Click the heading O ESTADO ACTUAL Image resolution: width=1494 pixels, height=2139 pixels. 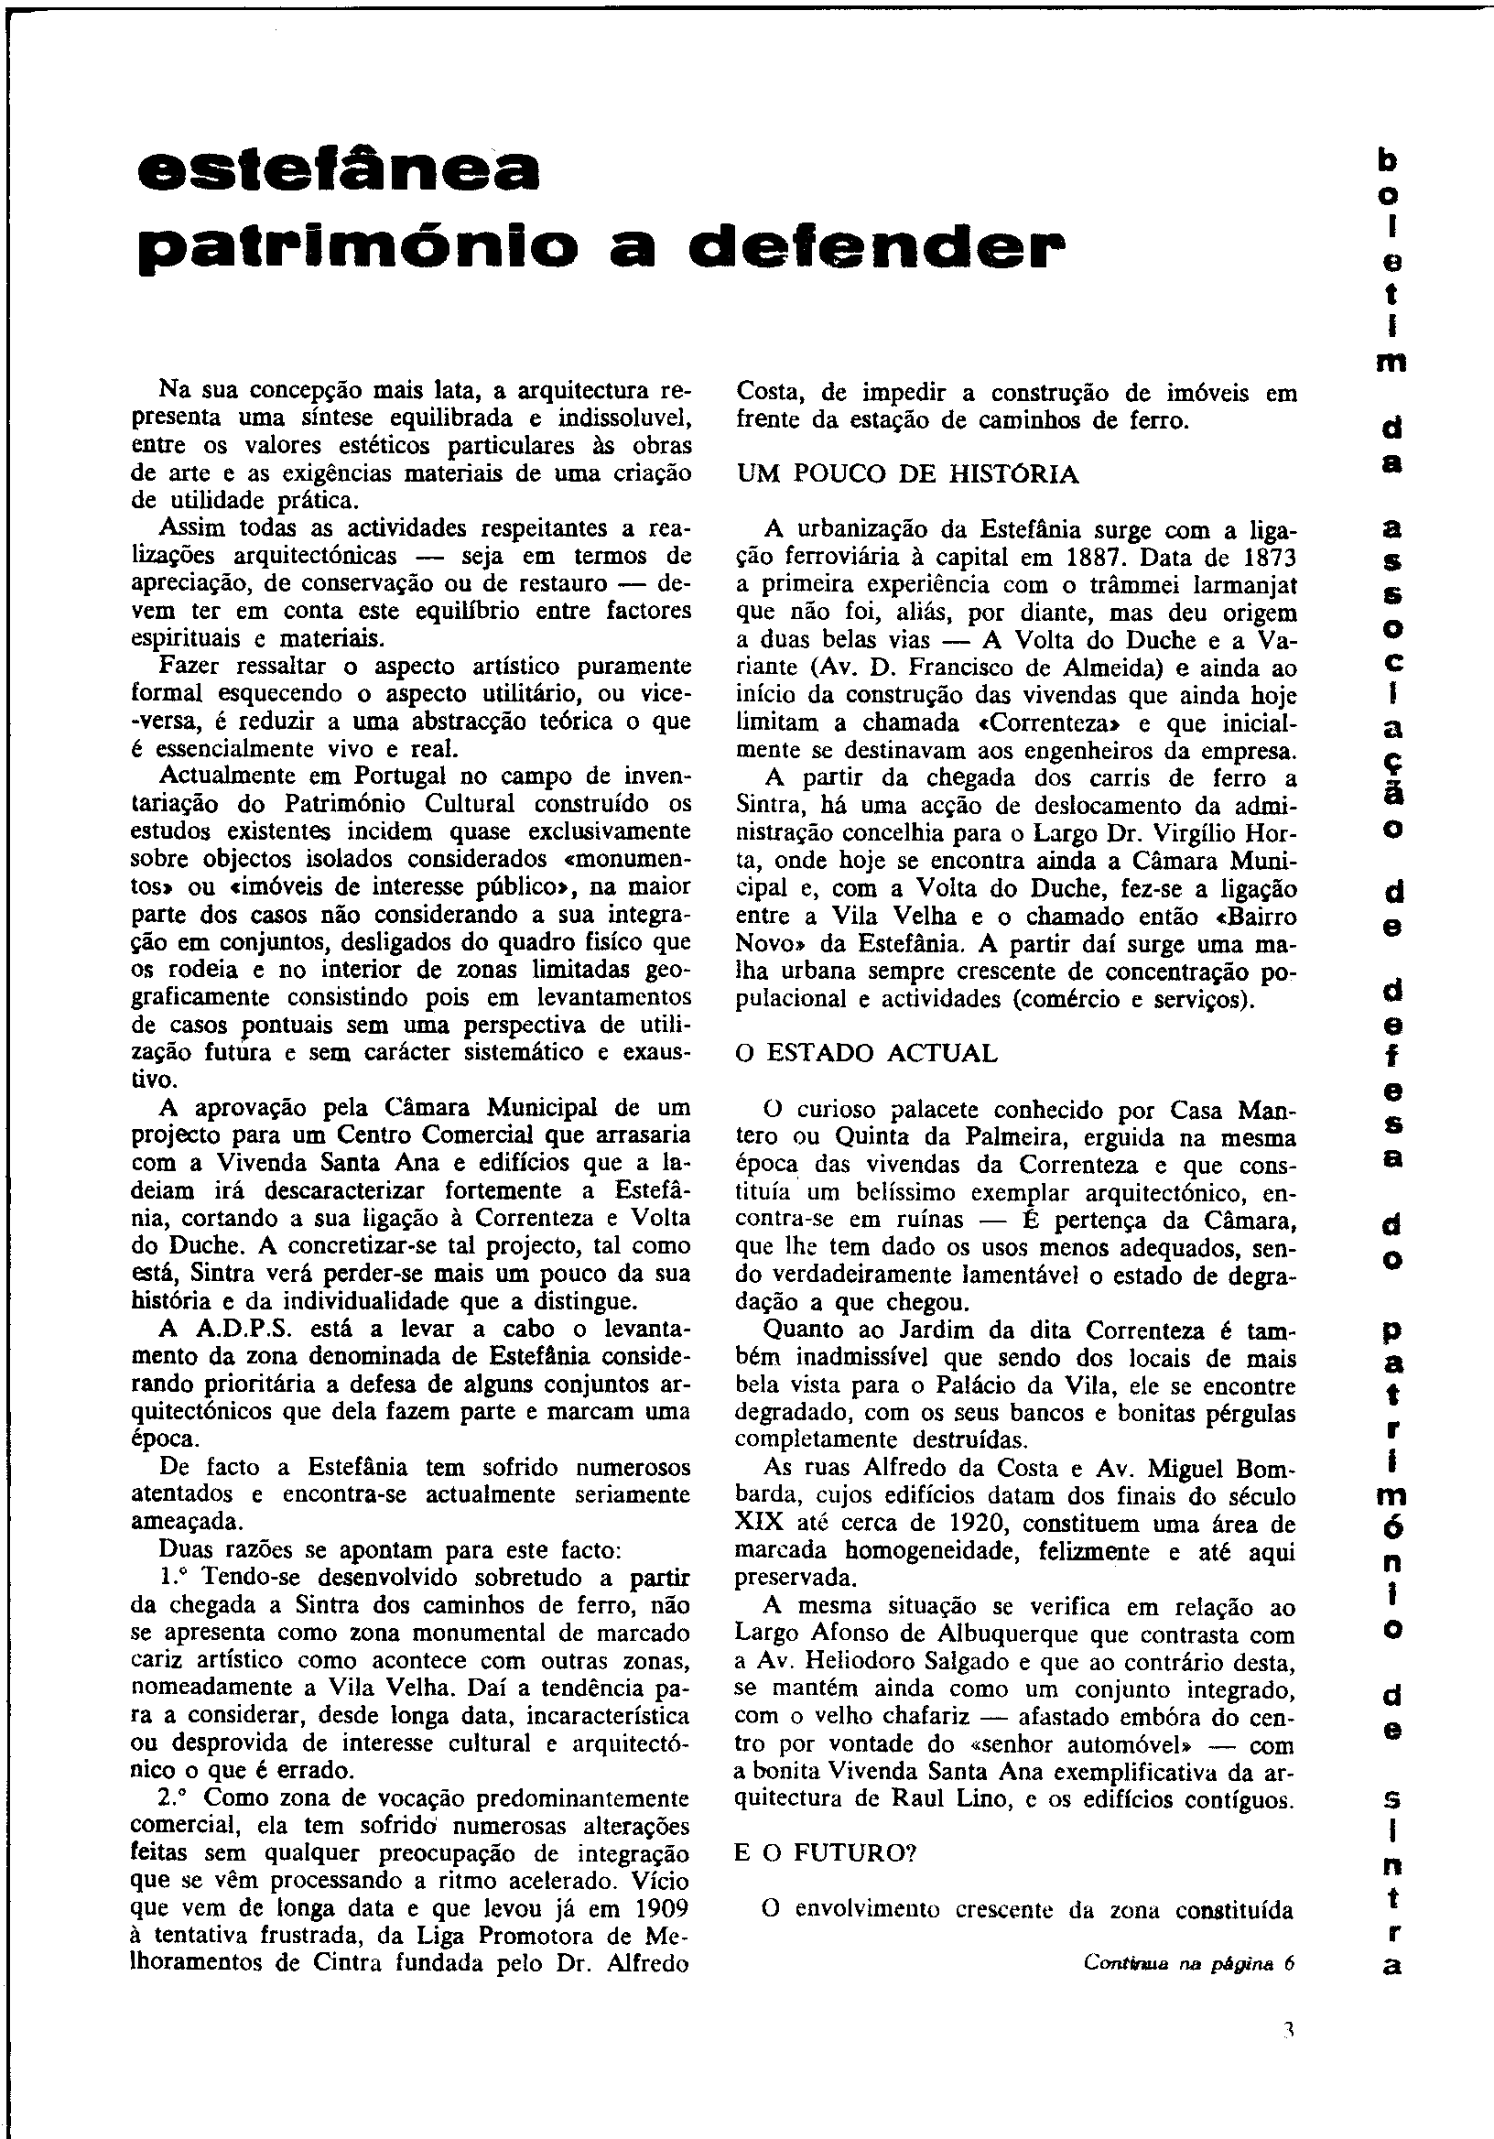pos(866,1054)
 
